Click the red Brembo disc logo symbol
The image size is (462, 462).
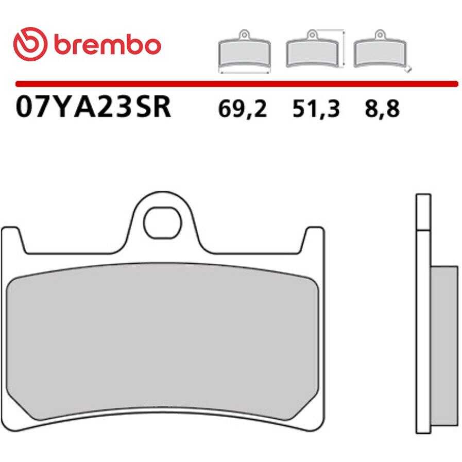click(30, 44)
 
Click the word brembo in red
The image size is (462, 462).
click(108, 45)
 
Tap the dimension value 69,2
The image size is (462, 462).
click(243, 109)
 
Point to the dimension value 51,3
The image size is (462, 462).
click(316, 109)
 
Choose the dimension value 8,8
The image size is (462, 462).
click(382, 109)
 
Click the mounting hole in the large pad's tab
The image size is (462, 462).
click(162, 223)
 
